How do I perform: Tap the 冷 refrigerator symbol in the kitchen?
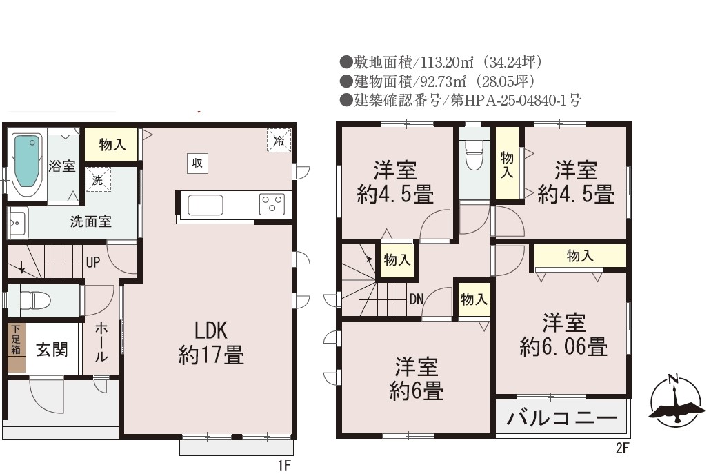coord(279,140)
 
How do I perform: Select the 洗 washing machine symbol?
coord(98,179)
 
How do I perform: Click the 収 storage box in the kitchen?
coord(197,163)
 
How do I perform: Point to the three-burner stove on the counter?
coord(272,204)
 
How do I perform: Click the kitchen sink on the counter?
coord(206,205)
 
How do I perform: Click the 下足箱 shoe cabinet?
coord(17,348)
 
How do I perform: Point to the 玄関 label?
coord(52,350)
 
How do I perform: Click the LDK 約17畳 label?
coord(211,343)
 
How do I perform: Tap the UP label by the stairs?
coord(92,263)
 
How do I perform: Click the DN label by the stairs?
coord(417,299)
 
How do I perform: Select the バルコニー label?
coord(561,418)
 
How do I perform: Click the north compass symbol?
coord(677,401)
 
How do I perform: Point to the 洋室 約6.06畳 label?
coord(563,335)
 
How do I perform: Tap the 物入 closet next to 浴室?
coord(112,144)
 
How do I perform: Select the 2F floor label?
coord(622,448)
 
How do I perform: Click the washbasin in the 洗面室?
coord(18,224)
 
